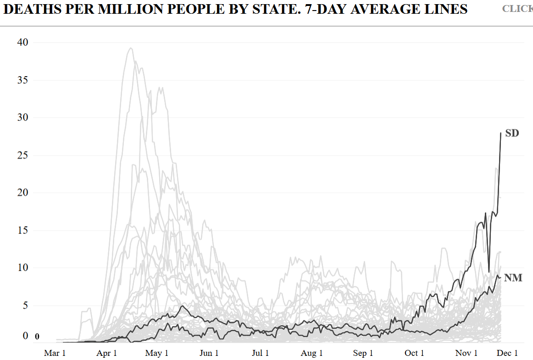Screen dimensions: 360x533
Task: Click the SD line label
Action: tap(512, 133)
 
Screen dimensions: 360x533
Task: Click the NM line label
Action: tap(513, 277)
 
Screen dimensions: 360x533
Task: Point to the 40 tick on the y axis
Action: tap(23, 42)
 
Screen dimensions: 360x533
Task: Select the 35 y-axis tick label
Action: tap(23, 80)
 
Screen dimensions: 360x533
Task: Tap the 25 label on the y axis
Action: tap(23, 155)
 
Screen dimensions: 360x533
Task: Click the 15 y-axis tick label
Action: tap(23, 230)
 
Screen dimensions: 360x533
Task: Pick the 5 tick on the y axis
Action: tap(26, 305)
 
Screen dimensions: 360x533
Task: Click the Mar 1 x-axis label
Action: tap(55, 353)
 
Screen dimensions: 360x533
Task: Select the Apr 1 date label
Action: tap(106, 353)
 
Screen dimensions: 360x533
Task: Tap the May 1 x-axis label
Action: tap(157, 353)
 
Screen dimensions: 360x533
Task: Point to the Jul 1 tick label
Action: tap(260, 353)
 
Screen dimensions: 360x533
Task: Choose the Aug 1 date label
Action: tap(312, 353)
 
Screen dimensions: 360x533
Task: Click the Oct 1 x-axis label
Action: tap(414, 353)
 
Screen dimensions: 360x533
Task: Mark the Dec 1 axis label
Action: tap(507, 353)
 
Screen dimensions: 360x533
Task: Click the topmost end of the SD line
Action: tap(500, 133)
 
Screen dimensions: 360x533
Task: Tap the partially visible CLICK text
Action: tap(517, 9)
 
